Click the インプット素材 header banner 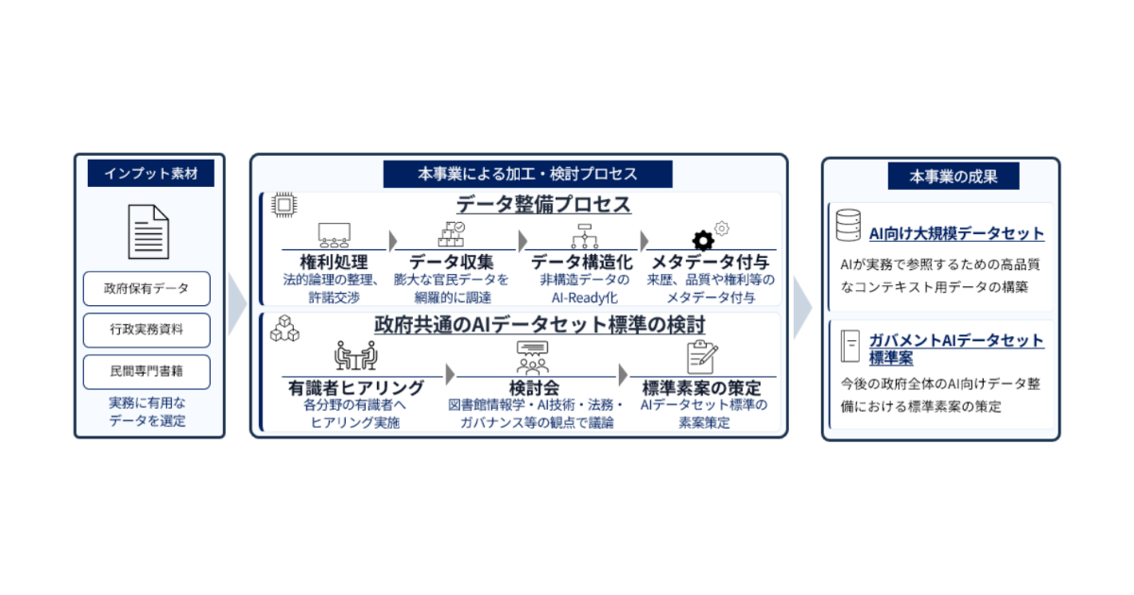click(x=151, y=174)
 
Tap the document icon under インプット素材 click(x=148, y=231)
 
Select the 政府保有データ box click(x=146, y=288)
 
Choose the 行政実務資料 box click(x=146, y=330)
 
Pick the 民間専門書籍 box click(x=146, y=372)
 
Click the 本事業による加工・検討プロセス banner click(x=527, y=174)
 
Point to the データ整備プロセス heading click(x=543, y=205)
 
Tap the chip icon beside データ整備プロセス click(x=284, y=205)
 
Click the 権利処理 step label click(x=335, y=263)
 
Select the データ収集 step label click(x=451, y=263)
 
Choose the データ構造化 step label click(x=582, y=263)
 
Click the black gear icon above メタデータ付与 click(x=703, y=240)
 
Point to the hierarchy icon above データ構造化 click(x=585, y=236)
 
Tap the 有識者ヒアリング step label click(x=356, y=388)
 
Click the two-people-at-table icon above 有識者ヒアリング click(x=356, y=355)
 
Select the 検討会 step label click(x=534, y=388)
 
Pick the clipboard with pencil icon click(x=701, y=357)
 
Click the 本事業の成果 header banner click(x=954, y=176)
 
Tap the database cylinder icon click(x=848, y=225)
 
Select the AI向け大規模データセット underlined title click(x=956, y=234)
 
